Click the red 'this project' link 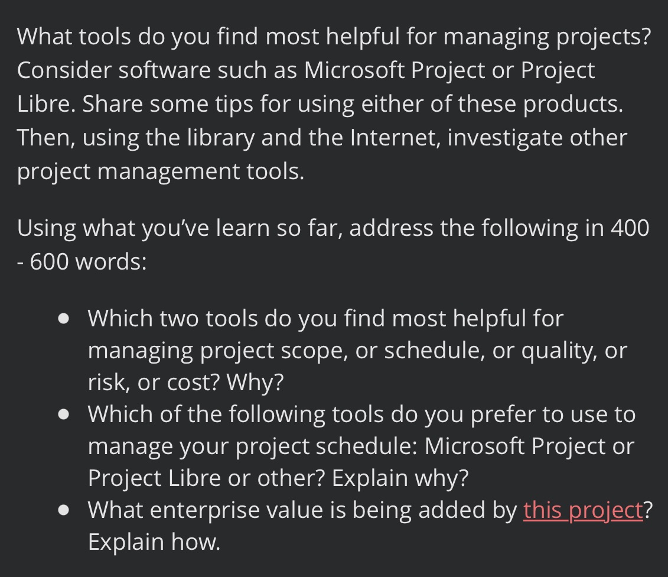pos(582,510)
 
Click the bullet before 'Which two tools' pos(64,319)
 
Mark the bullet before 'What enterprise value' pos(64,510)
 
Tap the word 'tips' pos(227,104)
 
